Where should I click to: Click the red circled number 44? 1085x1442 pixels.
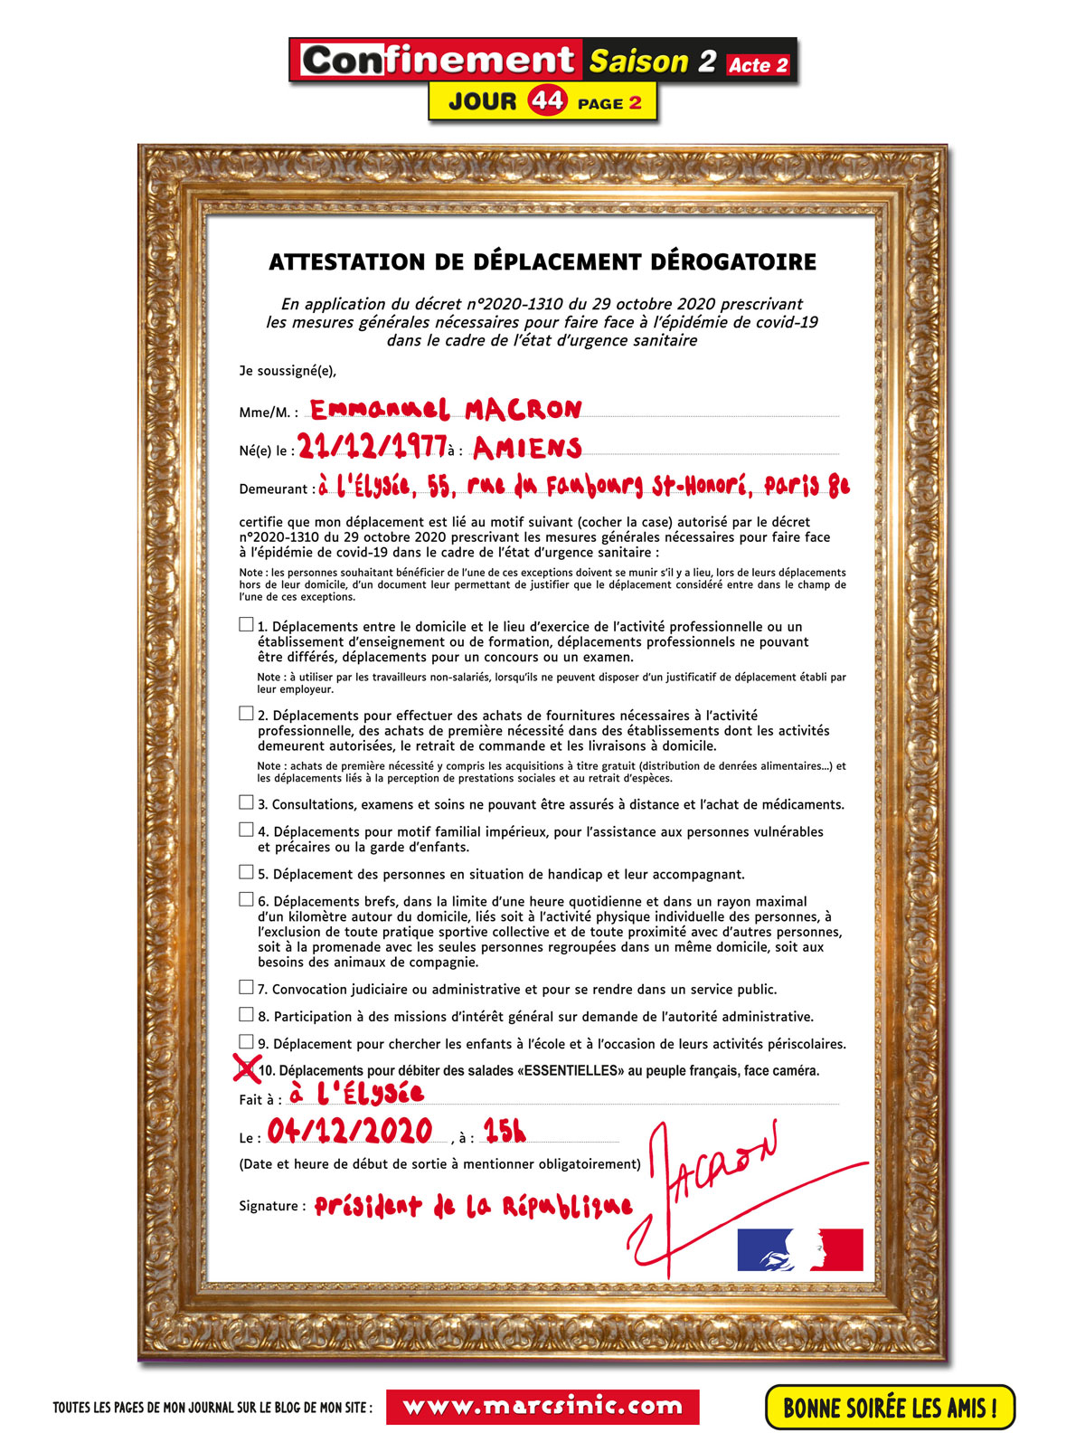(x=548, y=100)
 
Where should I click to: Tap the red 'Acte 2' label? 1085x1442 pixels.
(x=758, y=65)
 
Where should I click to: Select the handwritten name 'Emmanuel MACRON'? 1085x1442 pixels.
(x=446, y=410)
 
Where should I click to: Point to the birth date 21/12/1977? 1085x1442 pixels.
(x=372, y=445)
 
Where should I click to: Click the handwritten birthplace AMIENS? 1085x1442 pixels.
(x=526, y=447)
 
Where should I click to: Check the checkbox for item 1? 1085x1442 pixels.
(x=246, y=624)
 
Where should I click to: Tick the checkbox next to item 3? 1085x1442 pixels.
(x=246, y=802)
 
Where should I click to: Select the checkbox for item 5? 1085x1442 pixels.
(x=246, y=872)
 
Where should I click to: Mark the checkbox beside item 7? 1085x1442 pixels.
(x=246, y=987)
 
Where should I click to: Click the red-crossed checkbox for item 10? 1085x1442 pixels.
(x=246, y=1068)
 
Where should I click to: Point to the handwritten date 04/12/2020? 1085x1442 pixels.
(x=349, y=1131)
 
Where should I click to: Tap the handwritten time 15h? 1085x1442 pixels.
(x=504, y=1131)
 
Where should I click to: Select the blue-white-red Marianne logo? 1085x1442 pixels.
(x=800, y=1250)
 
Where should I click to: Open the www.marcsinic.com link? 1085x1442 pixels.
(x=542, y=1407)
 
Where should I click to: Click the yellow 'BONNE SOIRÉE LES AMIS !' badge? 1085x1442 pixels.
(x=890, y=1408)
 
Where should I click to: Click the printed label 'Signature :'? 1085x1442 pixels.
(x=272, y=1206)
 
